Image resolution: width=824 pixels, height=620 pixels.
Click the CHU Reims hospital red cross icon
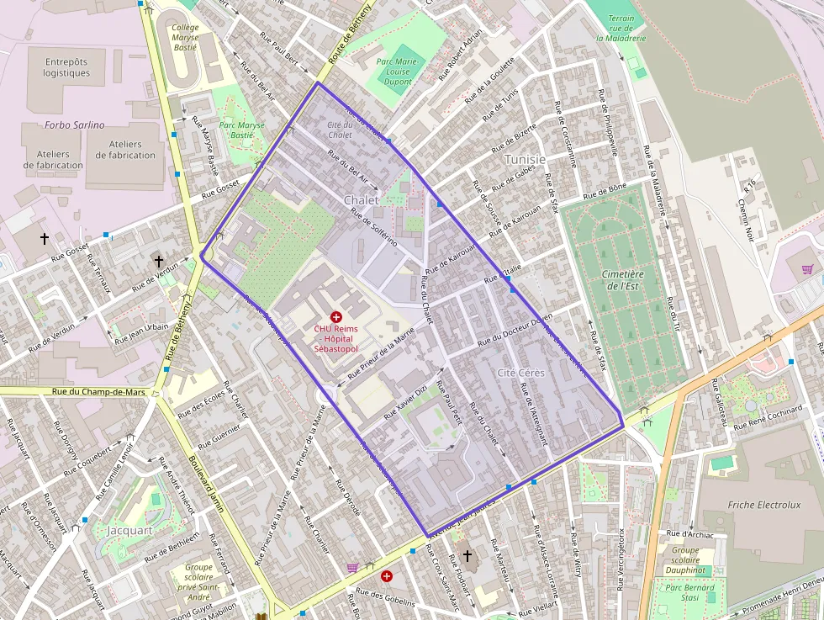click(x=336, y=316)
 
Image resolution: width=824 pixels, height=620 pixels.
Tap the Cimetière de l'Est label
click(x=622, y=280)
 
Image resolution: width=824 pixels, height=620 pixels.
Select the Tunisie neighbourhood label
click(x=525, y=160)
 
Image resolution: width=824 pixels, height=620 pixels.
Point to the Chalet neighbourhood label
click(x=361, y=200)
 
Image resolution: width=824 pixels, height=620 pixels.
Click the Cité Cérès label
click(x=520, y=372)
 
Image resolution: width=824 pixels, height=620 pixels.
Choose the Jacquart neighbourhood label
click(x=129, y=530)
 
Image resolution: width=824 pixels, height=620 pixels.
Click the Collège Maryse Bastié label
click(x=185, y=37)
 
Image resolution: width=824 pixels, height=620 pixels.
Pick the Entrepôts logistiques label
click(x=66, y=67)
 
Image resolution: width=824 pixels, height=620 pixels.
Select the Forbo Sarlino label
click(x=75, y=125)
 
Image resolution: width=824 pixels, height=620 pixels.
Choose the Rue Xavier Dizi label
click(x=406, y=403)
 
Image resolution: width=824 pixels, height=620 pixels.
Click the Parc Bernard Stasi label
click(x=689, y=593)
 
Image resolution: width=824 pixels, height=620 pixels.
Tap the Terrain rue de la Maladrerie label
click(x=621, y=28)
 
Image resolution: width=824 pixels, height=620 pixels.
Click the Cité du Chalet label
click(x=340, y=130)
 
